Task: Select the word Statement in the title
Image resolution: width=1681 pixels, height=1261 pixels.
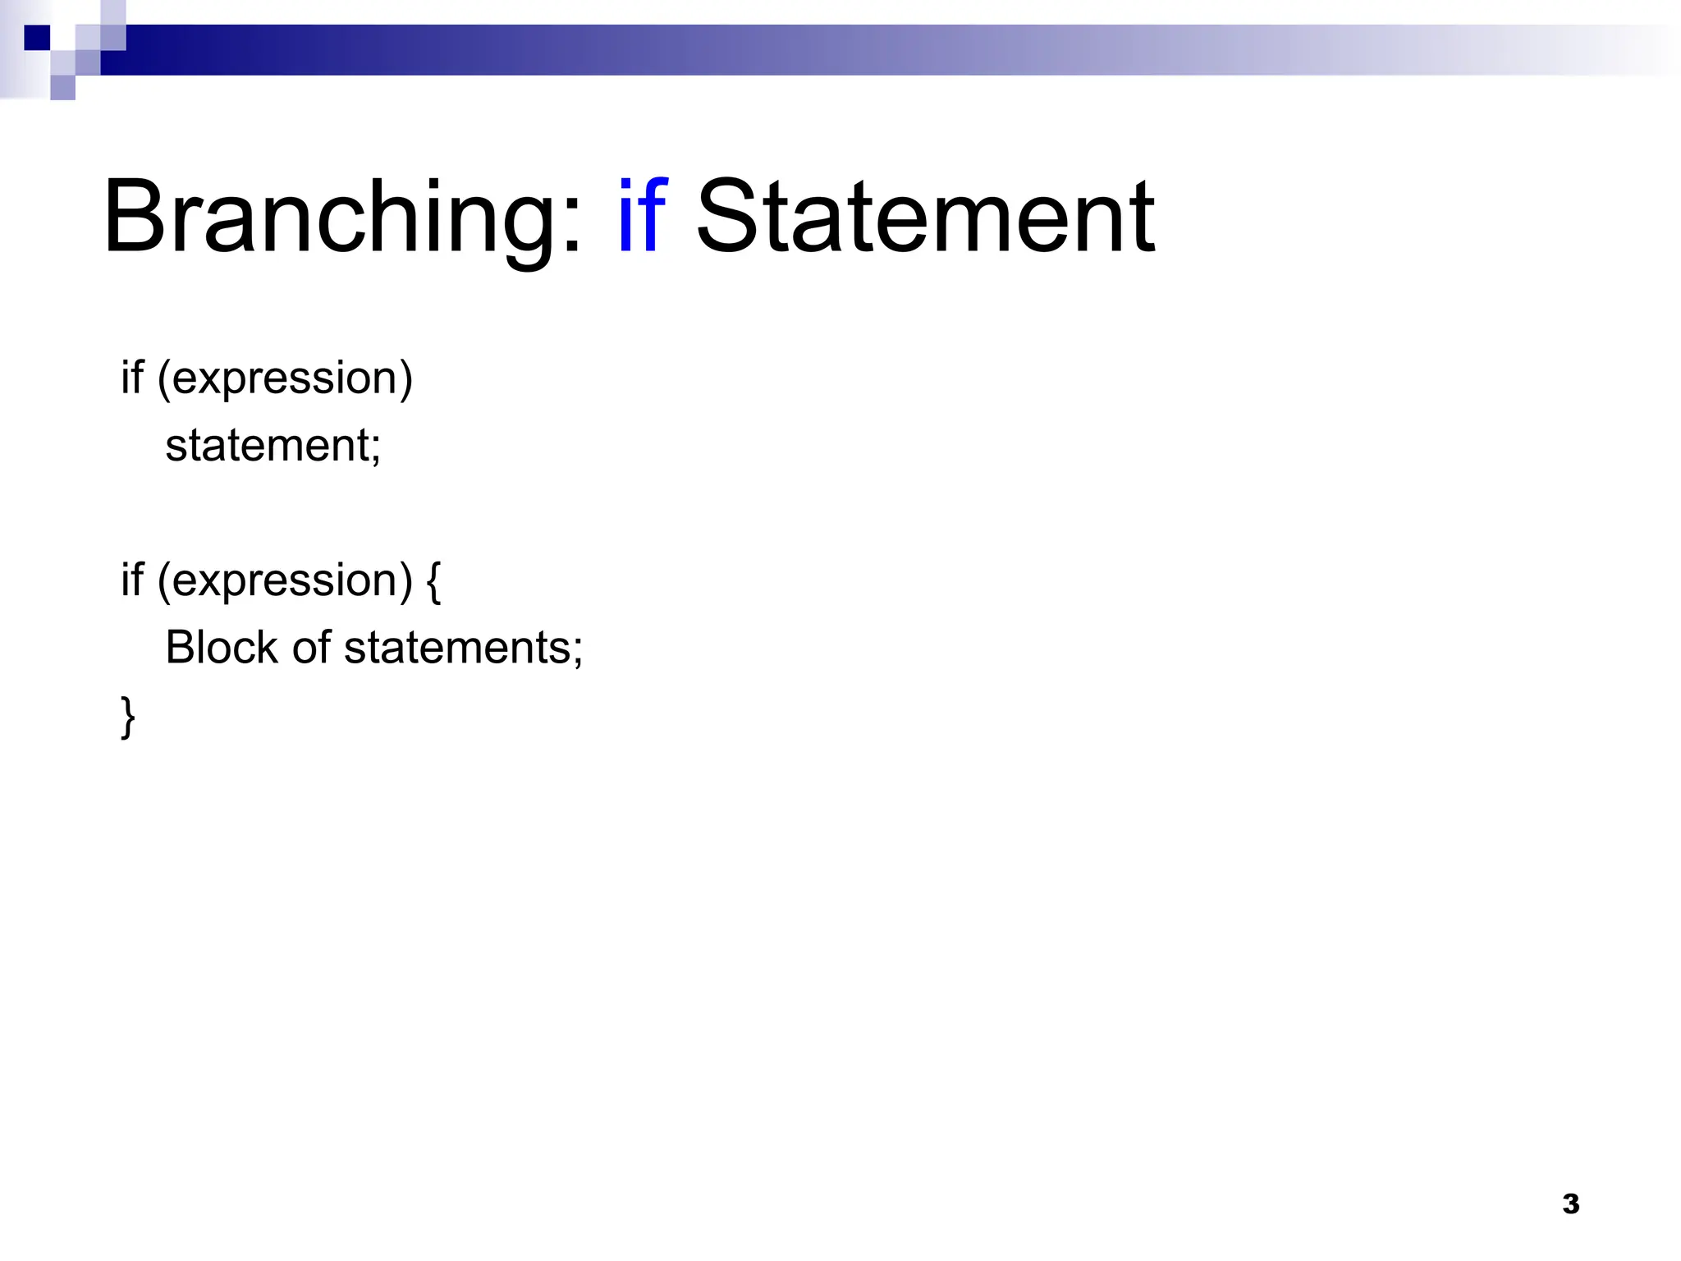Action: (925, 218)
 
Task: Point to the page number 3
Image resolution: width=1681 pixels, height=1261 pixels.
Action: (1570, 1204)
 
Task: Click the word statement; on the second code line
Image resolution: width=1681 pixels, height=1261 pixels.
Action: (273, 446)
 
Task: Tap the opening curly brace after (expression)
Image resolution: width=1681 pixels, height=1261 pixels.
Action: (433, 581)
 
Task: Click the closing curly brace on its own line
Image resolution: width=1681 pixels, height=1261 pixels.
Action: (128, 717)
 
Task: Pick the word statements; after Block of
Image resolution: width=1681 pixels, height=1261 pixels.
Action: (463, 648)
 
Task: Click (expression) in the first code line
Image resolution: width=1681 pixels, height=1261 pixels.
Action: (285, 379)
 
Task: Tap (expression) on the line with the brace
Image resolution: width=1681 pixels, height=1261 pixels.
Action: (285, 581)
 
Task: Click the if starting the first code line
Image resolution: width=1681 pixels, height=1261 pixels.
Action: (131, 378)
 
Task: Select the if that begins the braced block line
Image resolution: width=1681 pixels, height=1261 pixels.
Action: (131, 580)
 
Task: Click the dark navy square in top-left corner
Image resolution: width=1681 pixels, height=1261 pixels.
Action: (37, 38)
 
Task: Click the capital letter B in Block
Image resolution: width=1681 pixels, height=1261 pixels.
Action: (181, 647)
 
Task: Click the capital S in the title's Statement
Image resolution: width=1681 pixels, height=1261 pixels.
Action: (729, 218)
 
